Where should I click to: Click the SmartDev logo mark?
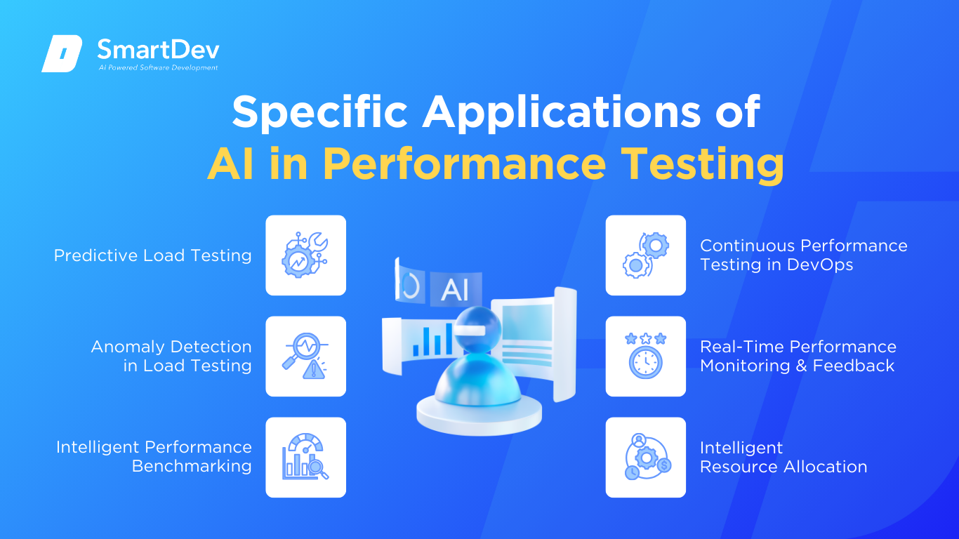[x=62, y=53]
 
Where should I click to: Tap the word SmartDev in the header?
[x=158, y=49]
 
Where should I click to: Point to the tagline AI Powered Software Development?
[x=158, y=67]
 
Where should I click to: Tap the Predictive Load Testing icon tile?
[x=305, y=255]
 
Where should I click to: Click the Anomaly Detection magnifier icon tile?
[x=305, y=357]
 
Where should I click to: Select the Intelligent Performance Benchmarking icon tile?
[x=305, y=458]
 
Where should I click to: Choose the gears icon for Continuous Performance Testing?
[x=646, y=255]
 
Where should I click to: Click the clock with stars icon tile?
[x=646, y=357]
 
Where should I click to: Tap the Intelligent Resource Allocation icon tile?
[x=646, y=458]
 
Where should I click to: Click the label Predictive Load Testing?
[x=152, y=255]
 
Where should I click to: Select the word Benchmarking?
[x=192, y=467]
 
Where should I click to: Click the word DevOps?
[x=821, y=265]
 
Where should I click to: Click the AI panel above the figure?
[x=454, y=290]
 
